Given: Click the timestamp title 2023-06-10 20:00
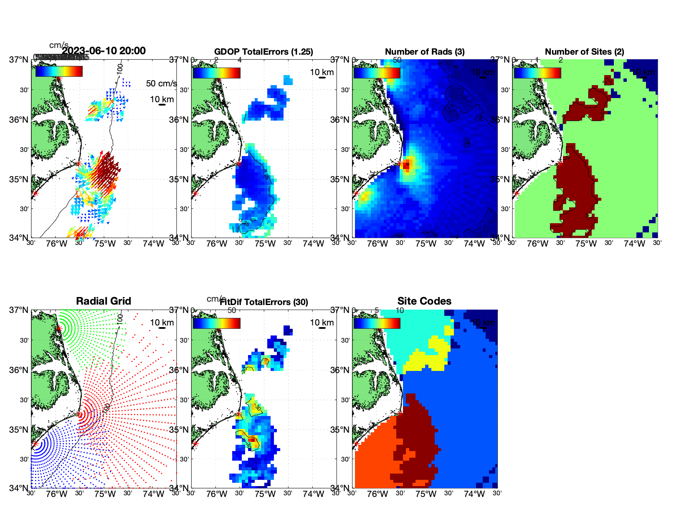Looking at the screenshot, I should tap(104, 51).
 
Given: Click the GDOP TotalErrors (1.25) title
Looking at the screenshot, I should tap(263, 52).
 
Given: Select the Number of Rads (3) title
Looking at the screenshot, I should tap(425, 52).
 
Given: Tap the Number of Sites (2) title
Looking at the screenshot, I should tap(585, 52).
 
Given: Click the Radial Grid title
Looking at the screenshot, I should tap(104, 301).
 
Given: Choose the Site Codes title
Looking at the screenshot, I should tap(424, 301).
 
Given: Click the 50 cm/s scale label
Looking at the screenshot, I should tap(161, 83).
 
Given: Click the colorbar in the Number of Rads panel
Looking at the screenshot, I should tap(377, 73).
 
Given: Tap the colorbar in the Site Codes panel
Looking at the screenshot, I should tap(377, 323).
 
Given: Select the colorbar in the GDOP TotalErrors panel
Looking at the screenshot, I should tap(216, 73).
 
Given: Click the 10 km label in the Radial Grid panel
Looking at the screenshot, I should tap(162, 323).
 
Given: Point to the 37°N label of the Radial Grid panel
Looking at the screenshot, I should tap(19, 310).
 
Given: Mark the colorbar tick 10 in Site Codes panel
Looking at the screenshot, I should tap(400, 310).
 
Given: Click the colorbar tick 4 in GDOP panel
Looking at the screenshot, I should tap(239, 60).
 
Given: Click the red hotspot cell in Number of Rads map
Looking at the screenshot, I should tap(407, 165).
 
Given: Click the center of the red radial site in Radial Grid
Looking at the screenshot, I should tap(79, 414).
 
